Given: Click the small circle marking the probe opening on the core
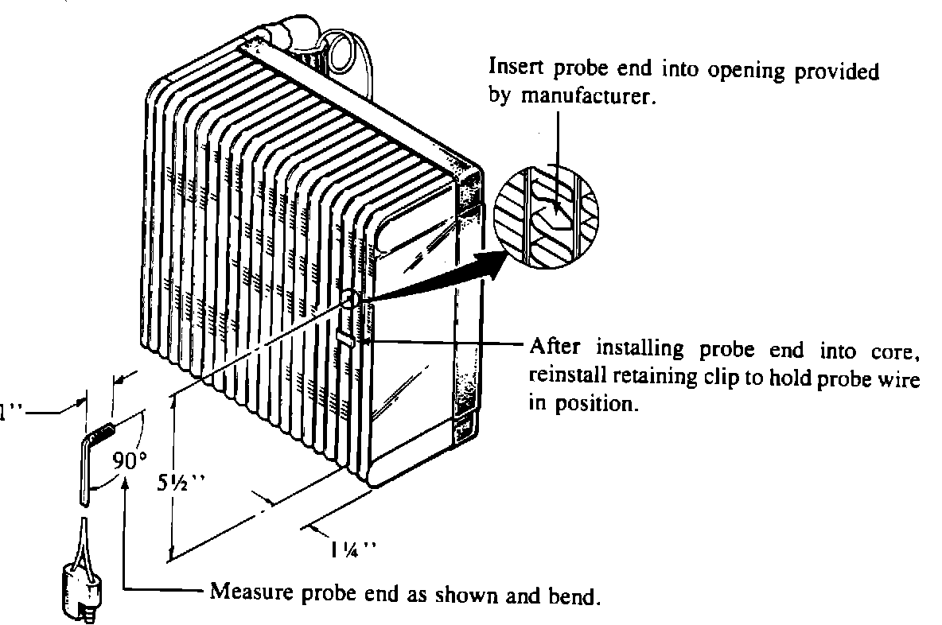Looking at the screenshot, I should click(x=350, y=299).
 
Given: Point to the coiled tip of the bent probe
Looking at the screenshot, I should click(x=103, y=433).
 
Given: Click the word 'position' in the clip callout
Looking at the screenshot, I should click(x=605, y=404).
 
